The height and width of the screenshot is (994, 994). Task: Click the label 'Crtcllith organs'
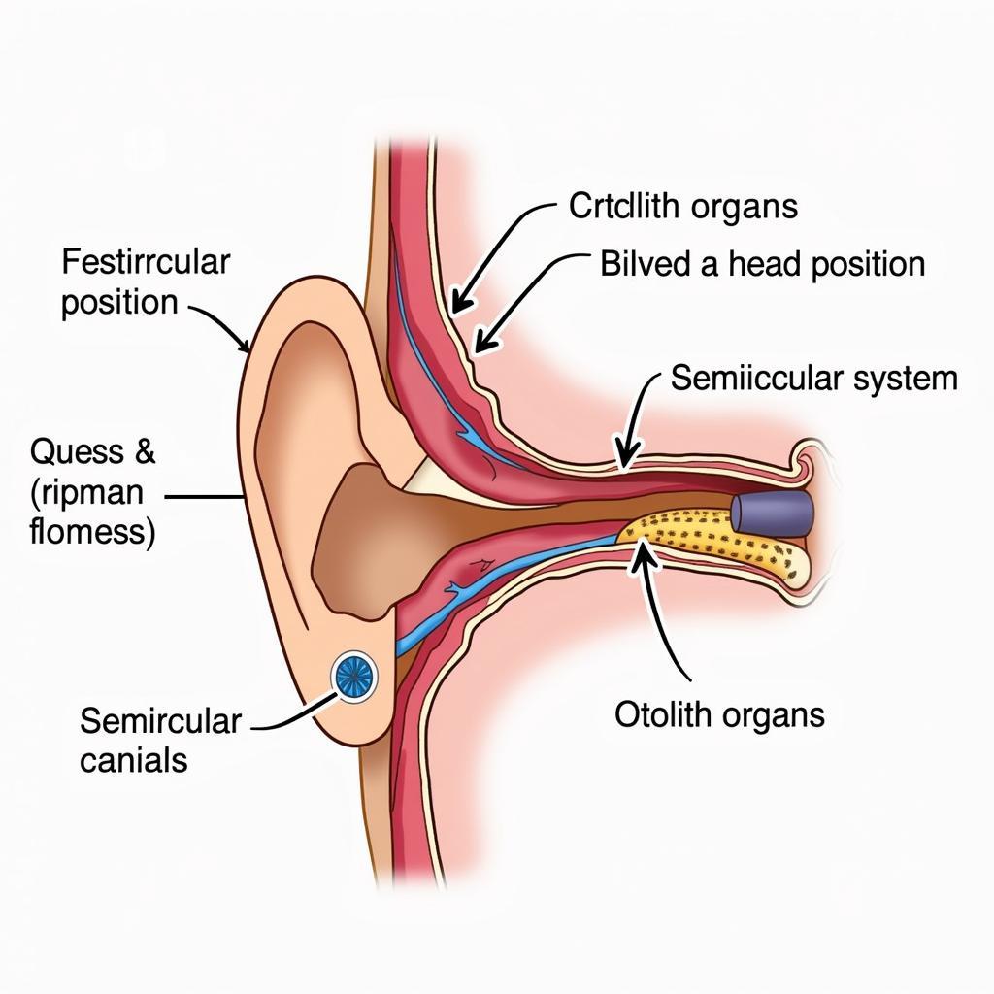[x=682, y=206]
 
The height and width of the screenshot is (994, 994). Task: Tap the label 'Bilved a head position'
[x=762, y=264]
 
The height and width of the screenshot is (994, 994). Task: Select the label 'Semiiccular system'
[x=813, y=379]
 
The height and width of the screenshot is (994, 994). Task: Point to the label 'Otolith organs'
[x=719, y=715]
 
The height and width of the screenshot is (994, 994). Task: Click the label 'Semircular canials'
[x=159, y=740]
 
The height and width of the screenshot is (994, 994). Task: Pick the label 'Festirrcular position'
[x=146, y=282]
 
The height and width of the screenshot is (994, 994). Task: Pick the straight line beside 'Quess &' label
[x=204, y=498]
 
